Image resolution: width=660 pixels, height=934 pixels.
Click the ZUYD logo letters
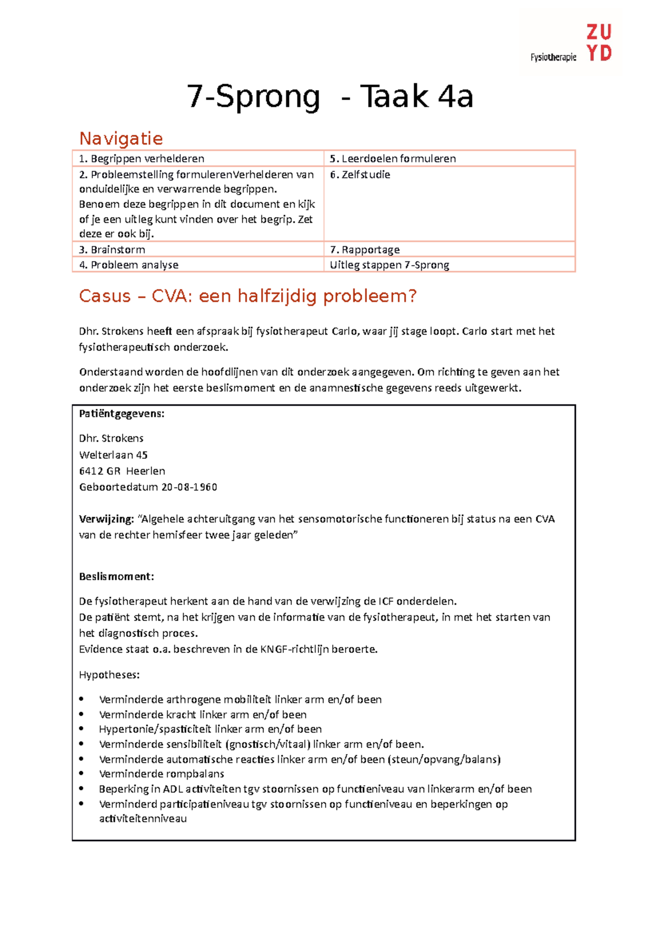(x=599, y=43)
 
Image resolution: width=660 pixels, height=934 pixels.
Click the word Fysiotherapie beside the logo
(x=553, y=57)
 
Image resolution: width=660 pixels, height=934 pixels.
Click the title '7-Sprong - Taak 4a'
(x=330, y=97)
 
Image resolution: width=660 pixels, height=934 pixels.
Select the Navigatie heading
(x=121, y=138)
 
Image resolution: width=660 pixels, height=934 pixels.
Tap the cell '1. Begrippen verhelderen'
(x=142, y=158)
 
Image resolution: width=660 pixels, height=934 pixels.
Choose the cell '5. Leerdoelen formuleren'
(x=393, y=158)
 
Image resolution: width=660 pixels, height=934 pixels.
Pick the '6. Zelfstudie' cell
(x=360, y=174)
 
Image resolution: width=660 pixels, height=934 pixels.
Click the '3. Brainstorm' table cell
(x=112, y=250)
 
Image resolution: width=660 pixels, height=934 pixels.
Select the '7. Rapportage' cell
(x=365, y=250)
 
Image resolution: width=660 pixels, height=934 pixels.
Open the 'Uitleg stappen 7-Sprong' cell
(x=389, y=265)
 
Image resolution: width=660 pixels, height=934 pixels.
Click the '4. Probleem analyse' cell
(x=129, y=265)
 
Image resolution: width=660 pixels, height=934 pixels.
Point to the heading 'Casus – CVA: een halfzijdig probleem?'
(x=248, y=296)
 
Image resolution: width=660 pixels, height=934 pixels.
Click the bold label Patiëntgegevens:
(x=122, y=414)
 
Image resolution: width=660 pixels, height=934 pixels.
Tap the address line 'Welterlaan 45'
(x=113, y=455)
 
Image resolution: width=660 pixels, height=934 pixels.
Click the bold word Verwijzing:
(x=106, y=519)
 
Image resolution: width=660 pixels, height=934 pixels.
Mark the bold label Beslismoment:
(x=116, y=576)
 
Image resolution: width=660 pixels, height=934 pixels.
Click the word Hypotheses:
(x=109, y=674)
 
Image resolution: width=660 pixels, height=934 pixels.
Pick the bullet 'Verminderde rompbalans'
(x=162, y=774)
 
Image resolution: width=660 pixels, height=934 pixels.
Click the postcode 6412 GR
(x=100, y=471)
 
